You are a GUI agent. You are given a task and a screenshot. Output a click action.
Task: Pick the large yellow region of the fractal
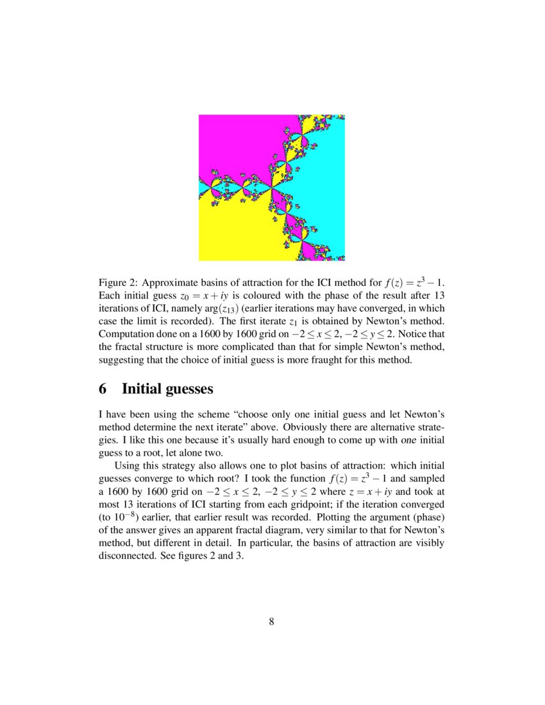click(231, 231)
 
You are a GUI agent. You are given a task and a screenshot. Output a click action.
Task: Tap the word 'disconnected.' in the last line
click(126, 556)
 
